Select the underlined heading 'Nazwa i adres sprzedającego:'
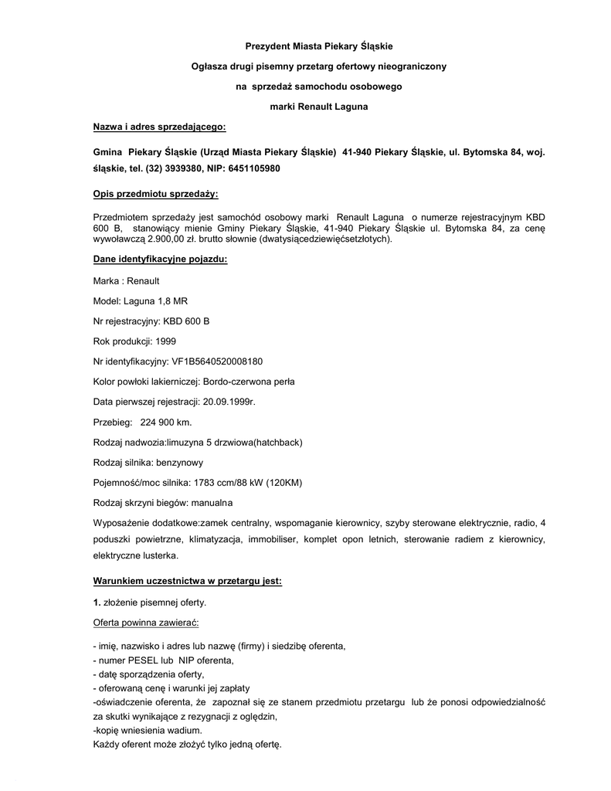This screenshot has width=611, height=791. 159,126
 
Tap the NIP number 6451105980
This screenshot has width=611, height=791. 251,168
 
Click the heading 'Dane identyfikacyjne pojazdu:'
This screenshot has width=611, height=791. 160,260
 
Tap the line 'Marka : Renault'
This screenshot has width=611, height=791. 126,280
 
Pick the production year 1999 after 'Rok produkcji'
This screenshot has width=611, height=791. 166,341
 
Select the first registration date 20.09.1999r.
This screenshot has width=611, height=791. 229,402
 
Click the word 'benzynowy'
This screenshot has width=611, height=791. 180,462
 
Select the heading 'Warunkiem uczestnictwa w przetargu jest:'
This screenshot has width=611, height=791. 187,580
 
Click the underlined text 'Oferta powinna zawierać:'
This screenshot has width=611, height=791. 146,622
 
